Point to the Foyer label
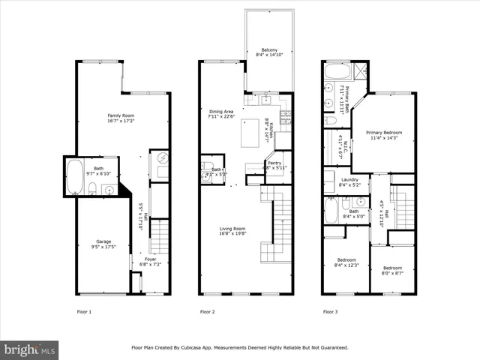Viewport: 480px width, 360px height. click(151, 259)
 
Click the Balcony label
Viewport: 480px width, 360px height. click(259, 49)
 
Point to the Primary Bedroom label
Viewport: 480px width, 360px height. click(383, 132)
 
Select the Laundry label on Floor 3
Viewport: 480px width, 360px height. click(349, 180)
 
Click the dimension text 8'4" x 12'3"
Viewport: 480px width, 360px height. click(348, 266)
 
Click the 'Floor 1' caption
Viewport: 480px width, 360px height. click(84, 310)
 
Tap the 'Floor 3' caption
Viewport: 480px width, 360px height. click(330, 310)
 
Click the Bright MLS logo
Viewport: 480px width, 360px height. click(30, 349)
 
